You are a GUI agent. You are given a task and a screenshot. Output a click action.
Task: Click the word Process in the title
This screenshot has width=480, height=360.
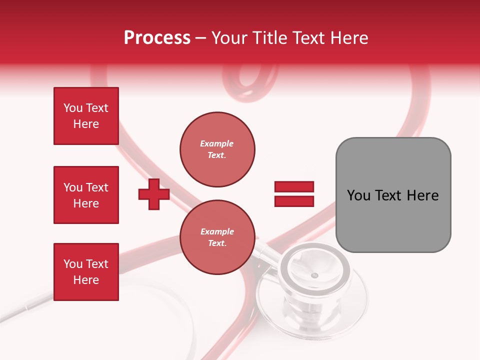157,38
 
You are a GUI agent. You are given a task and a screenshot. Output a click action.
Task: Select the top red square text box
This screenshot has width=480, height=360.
86,116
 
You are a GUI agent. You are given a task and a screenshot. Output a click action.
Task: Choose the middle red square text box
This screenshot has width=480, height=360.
86,195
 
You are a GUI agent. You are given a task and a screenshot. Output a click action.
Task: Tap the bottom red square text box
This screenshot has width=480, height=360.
86,272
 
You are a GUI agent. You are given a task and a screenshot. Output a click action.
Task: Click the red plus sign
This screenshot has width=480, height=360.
154,194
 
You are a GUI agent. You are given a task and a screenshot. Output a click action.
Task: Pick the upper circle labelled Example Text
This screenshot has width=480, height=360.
217,149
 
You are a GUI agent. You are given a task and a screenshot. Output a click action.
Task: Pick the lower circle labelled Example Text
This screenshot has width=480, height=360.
217,237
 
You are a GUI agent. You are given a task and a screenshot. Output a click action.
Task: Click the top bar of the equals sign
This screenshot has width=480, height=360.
294,187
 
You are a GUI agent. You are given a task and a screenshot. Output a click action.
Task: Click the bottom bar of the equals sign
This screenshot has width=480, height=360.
294,201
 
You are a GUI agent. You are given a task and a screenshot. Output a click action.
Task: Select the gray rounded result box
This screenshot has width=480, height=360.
393,195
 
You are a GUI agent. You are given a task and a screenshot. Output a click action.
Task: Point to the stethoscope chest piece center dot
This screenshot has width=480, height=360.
314,275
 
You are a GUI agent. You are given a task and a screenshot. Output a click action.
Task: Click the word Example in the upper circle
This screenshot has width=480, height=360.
217,143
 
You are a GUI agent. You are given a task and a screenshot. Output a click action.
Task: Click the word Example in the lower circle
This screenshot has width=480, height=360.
217,231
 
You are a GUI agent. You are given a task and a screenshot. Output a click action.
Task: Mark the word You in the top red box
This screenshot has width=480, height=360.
73,108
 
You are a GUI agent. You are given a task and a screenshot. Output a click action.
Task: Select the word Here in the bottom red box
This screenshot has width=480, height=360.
86,280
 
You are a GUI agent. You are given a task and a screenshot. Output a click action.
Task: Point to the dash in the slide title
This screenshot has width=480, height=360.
201,38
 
